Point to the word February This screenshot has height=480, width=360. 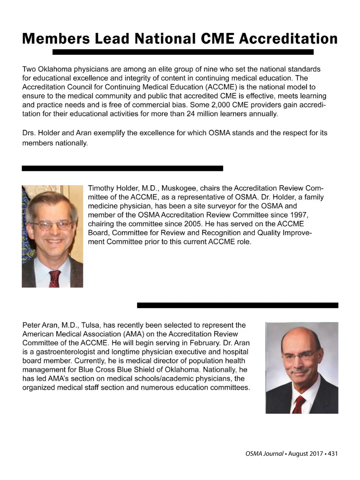[x=205, y=343]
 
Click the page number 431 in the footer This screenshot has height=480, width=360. [x=333, y=454]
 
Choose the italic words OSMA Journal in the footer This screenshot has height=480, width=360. [x=264, y=454]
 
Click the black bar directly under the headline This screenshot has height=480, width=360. [x=183, y=52]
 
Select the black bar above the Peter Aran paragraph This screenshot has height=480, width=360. [x=238, y=305]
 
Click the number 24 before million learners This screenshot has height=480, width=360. [x=190, y=114]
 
